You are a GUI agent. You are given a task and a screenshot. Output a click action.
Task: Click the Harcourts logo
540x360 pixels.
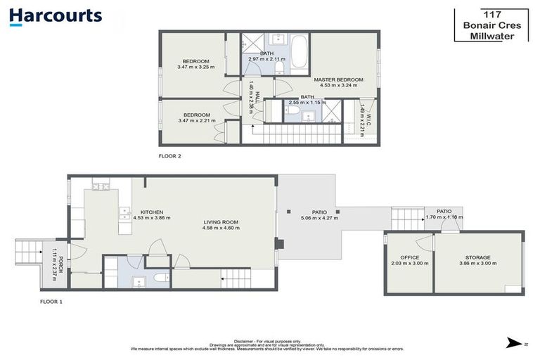click(56, 16)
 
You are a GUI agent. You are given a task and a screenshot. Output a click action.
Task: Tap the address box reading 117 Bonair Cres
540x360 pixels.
click(490, 25)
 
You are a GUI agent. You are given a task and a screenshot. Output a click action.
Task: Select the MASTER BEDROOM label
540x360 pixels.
click(338, 80)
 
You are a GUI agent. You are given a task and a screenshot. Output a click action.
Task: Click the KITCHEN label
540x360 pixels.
click(152, 212)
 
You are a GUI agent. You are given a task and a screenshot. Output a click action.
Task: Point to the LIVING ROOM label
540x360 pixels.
click(220, 222)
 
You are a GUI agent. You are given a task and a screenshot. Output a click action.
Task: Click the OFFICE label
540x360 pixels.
click(409, 257)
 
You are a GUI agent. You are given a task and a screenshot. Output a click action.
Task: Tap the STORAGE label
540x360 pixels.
click(477, 257)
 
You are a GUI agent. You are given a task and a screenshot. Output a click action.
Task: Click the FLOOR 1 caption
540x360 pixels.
click(51, 300)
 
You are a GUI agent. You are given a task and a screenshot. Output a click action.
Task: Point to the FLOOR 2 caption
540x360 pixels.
click(170, 155)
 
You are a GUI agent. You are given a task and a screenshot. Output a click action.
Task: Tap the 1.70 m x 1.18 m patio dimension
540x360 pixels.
click(443, 218)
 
